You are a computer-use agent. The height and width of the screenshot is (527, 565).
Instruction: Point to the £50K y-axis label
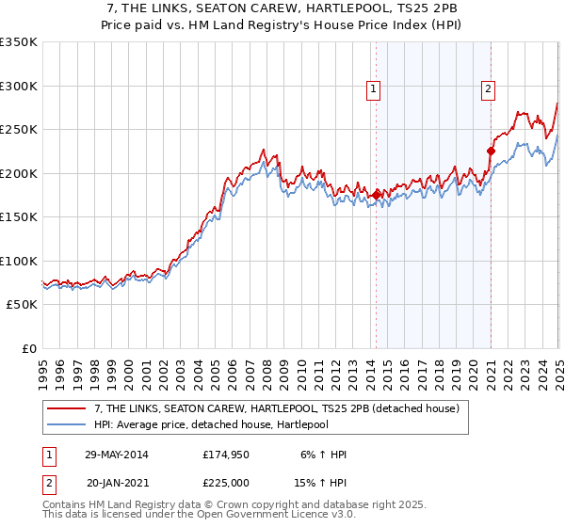coord(22,305)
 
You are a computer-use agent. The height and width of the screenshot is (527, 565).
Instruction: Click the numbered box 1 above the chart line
coord(374,89)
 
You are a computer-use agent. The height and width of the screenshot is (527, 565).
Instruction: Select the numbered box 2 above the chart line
coord(489,89)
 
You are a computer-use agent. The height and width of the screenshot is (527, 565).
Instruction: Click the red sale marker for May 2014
coord(376,195)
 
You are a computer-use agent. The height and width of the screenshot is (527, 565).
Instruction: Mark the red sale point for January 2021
coord(491,151)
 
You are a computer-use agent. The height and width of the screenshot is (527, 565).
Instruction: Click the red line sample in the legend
coord(67,408)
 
